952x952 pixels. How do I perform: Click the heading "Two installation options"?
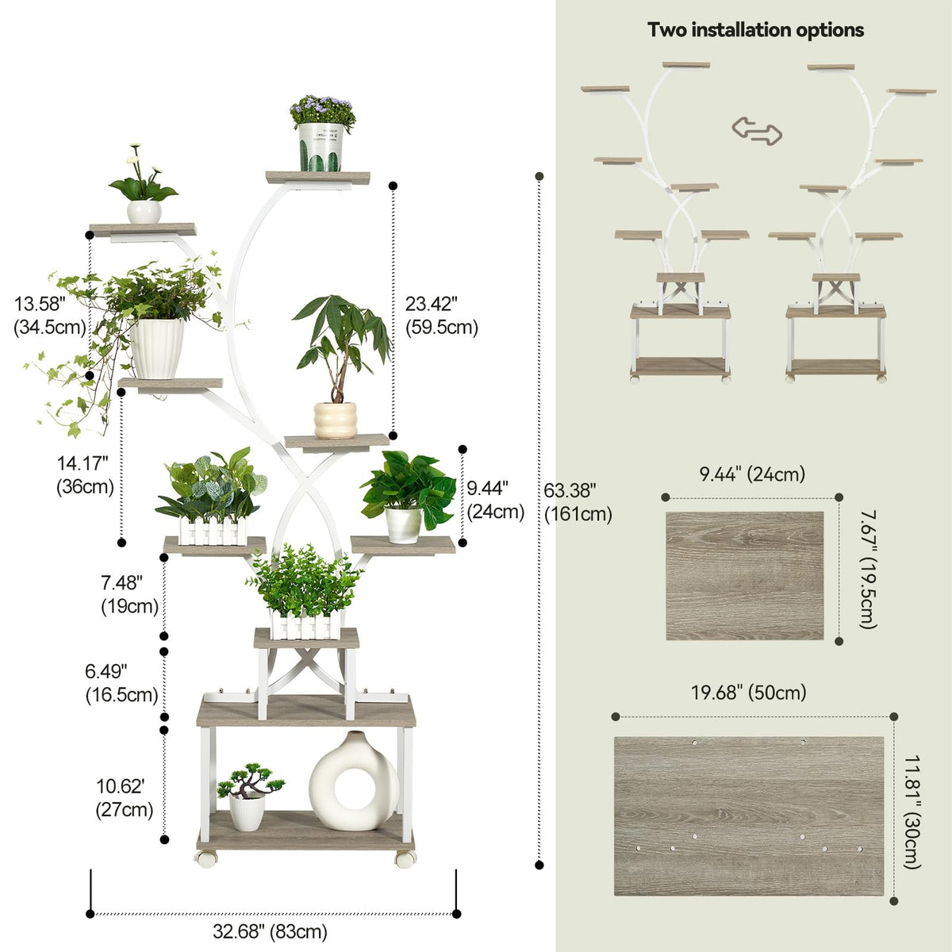(x=755, y=29)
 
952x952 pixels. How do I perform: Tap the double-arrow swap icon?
(x=757, y=131)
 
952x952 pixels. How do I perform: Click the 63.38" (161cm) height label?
(x=578, y=502)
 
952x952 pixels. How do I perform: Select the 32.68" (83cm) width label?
(x=271, y=931)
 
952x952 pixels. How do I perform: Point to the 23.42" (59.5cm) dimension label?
(x=442, y=315)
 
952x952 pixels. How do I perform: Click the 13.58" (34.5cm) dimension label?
(x=50, y=315)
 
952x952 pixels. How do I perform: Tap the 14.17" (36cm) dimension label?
(x=85, y=474)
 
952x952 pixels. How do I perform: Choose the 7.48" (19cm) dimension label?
(x=129, y=594)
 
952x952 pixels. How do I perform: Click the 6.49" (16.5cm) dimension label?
(x=121, y=683)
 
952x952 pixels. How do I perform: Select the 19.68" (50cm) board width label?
(x=748, y=692)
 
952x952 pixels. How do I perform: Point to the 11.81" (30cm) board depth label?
(x=912, y=812)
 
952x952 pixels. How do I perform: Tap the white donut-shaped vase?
(x=354, y=781)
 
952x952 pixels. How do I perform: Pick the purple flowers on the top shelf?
(x=322, y=109)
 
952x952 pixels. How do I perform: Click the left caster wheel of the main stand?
(x=206, y=858)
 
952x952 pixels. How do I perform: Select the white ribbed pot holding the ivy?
(x=156, y=348)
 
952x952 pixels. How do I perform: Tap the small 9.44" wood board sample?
(x=744, y=575)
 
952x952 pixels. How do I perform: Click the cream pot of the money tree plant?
(x=336, y=420)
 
